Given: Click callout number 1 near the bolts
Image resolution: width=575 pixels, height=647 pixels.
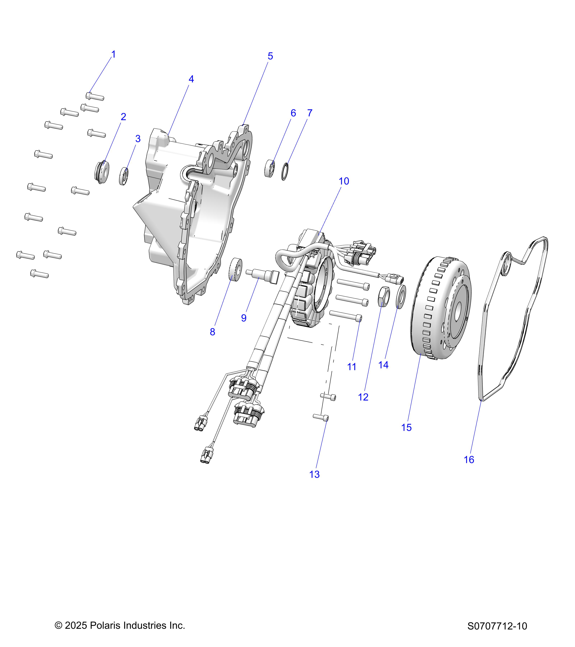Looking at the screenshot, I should click(x=114, y=54).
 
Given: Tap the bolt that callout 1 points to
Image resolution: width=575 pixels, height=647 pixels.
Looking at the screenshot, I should click(x=95, y=96).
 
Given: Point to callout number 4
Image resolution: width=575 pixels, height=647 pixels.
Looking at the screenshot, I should click(x=191, y=79).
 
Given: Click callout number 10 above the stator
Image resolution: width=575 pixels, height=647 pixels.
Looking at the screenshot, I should click(x=344, y=181).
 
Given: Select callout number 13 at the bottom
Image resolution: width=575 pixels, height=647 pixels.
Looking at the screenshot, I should click(x=314, y=474).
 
